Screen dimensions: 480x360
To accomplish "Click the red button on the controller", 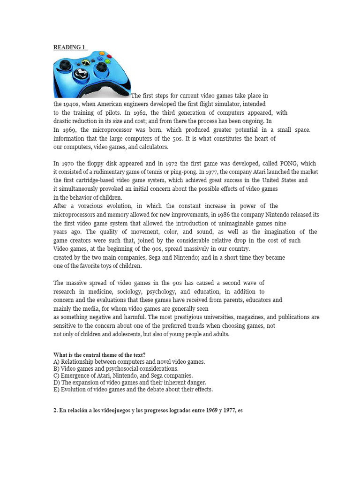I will (109, 56).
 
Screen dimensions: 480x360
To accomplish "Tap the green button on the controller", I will (107, 61).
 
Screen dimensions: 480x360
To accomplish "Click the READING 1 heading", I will (69, 47).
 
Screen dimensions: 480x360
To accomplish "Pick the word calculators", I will (151, 147).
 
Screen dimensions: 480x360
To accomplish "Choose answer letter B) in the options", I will (56, 369).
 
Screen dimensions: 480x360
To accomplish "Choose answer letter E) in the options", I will (56, 390).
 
